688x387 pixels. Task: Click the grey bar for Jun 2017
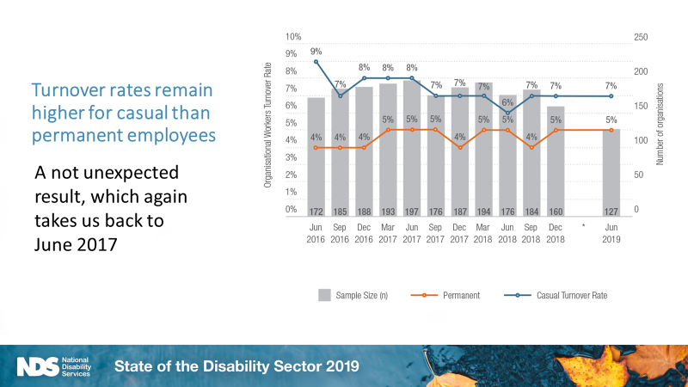point(412,146)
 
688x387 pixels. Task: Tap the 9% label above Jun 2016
point(316,51)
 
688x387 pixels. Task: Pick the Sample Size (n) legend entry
point(352,295)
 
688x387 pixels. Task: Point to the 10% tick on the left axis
point(292,38)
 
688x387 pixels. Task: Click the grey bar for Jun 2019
point(611,172)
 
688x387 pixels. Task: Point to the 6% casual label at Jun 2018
point(507,102)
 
